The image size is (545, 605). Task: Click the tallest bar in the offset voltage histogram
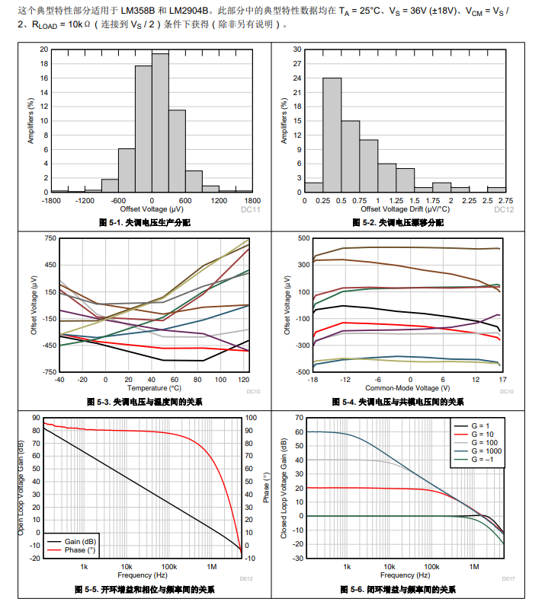(160, 122)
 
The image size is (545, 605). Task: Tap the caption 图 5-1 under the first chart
(145, 222)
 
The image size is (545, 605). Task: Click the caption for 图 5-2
(398, 222)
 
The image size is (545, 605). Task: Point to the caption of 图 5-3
(145, 402)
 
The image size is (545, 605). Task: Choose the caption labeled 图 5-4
(398, 402)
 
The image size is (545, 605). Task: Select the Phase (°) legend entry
(85, 549)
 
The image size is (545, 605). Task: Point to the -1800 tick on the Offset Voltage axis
(52, 201)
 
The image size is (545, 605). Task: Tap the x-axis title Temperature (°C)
(154, 388)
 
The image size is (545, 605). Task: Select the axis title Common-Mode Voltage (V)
(408, 388)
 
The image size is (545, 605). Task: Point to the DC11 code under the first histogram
(251, 209)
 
